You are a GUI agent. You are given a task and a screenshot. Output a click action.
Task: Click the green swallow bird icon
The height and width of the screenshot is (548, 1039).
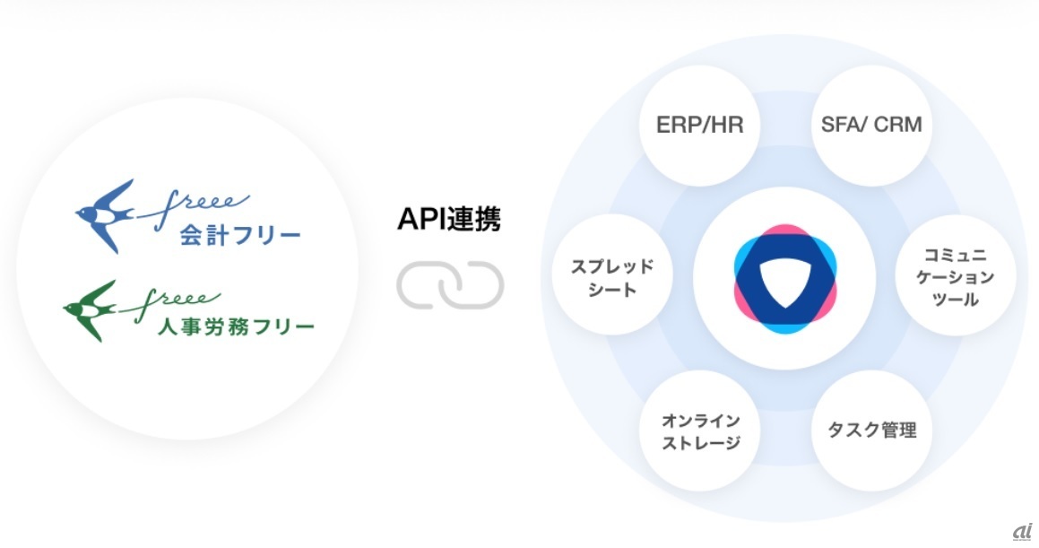pos(91,310)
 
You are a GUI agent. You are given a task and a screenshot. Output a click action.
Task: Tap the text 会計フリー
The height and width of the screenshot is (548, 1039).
pos(240,235)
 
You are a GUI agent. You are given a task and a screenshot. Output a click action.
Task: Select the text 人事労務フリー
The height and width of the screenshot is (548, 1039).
pos(236,326)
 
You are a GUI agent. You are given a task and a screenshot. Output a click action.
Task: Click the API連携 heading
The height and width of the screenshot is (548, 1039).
pos(449,220)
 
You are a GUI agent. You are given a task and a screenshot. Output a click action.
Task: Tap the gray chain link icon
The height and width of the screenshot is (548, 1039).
pos(450,285)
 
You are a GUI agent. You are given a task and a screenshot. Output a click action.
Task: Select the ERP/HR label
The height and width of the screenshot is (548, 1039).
pos(700,125)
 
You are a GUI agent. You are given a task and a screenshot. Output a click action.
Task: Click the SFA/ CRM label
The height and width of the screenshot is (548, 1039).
pos(871,125)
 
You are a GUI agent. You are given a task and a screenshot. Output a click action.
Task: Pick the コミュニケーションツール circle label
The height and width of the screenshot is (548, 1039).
pos(956,277)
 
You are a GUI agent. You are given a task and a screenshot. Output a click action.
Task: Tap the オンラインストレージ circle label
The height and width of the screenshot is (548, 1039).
pos(700,431)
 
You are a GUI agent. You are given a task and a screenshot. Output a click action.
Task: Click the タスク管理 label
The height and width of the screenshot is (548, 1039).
pos(872,430)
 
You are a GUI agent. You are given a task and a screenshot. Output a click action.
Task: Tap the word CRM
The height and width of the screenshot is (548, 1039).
pos(898,125)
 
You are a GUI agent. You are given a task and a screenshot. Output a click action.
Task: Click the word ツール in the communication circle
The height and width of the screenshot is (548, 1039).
pos(956,300)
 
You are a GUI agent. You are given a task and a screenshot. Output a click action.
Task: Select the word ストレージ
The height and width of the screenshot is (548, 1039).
pos(700,443)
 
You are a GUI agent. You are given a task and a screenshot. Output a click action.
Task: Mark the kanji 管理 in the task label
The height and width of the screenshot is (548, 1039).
pos(898,430)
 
